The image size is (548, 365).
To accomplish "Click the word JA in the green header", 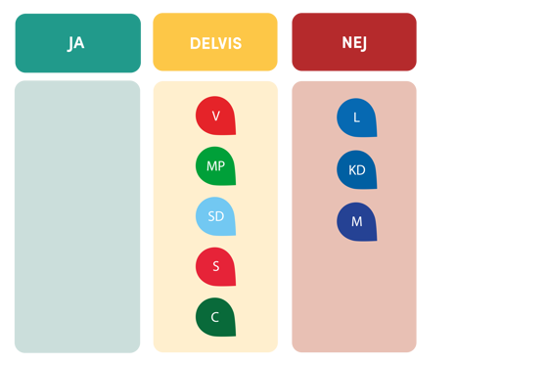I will coord(76,43).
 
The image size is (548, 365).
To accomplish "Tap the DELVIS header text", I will coord(215,43).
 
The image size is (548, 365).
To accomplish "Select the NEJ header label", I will coord(354,43).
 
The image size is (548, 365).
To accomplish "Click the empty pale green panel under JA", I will coord(77,216).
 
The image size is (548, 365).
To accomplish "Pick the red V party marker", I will coord(215,115).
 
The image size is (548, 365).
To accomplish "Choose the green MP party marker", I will coord(215,165).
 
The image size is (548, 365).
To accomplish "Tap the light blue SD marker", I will coord(215,216).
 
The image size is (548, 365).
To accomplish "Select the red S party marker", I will coord(215,266).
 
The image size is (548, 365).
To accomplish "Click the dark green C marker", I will coord(215,316).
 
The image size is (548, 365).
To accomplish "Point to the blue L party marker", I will coord(356,117).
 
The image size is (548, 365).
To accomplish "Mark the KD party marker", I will coord(356,169).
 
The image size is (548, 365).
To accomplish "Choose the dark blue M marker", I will coord(356,221).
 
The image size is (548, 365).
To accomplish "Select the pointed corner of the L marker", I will coord(375,135).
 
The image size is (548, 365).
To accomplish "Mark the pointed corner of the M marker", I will coord(375,239).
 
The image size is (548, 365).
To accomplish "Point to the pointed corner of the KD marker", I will coord(375,187).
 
